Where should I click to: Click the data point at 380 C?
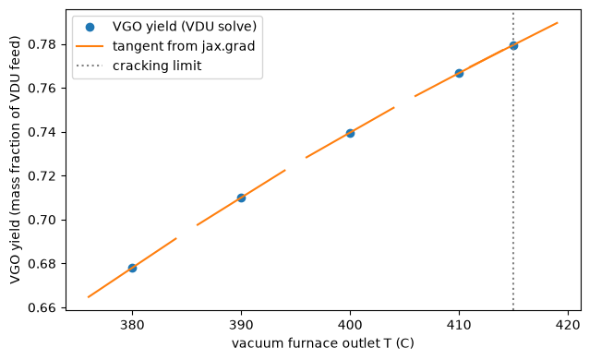[x=132, y=268]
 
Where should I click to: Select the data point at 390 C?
[x=241, y=198]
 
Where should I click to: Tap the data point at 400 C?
[x=350, y=133]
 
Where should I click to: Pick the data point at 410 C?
[x=459, y=73]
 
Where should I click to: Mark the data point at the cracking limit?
[x=513, y=45]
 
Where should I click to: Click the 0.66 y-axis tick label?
[x=42, y=307]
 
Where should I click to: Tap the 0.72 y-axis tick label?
[x=42, y=176]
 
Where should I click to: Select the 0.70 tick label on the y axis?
[x=42, y=221]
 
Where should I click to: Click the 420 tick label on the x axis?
[x=568, y=325]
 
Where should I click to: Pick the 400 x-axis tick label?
[x=350, y=325]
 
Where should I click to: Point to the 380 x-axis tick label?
[x=132, y=325]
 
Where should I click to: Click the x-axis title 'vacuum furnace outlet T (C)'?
[x=323, y=343]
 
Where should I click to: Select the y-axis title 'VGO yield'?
[x=15, y=255]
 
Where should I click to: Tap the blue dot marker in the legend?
[x=90, y=27]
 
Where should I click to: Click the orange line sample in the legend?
[x=90, y=46]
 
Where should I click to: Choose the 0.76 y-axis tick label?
[x=42, y=89]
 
